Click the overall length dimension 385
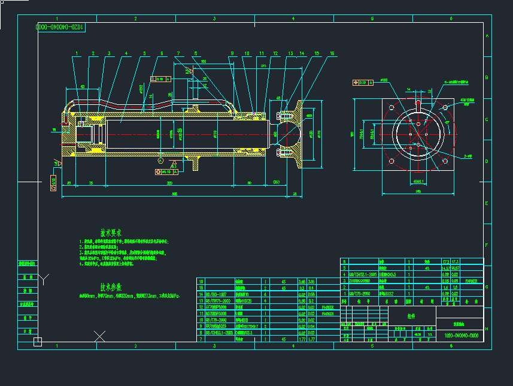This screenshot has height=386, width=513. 174,194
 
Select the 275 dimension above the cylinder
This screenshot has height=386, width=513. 247,67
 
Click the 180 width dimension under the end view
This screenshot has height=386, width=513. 418,192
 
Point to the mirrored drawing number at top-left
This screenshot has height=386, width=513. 61,28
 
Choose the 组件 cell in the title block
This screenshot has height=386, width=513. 411,316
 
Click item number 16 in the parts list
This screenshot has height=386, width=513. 201,281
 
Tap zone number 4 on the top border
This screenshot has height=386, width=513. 293,19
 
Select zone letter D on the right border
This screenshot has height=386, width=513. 486,161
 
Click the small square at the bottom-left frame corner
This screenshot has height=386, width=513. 38,342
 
